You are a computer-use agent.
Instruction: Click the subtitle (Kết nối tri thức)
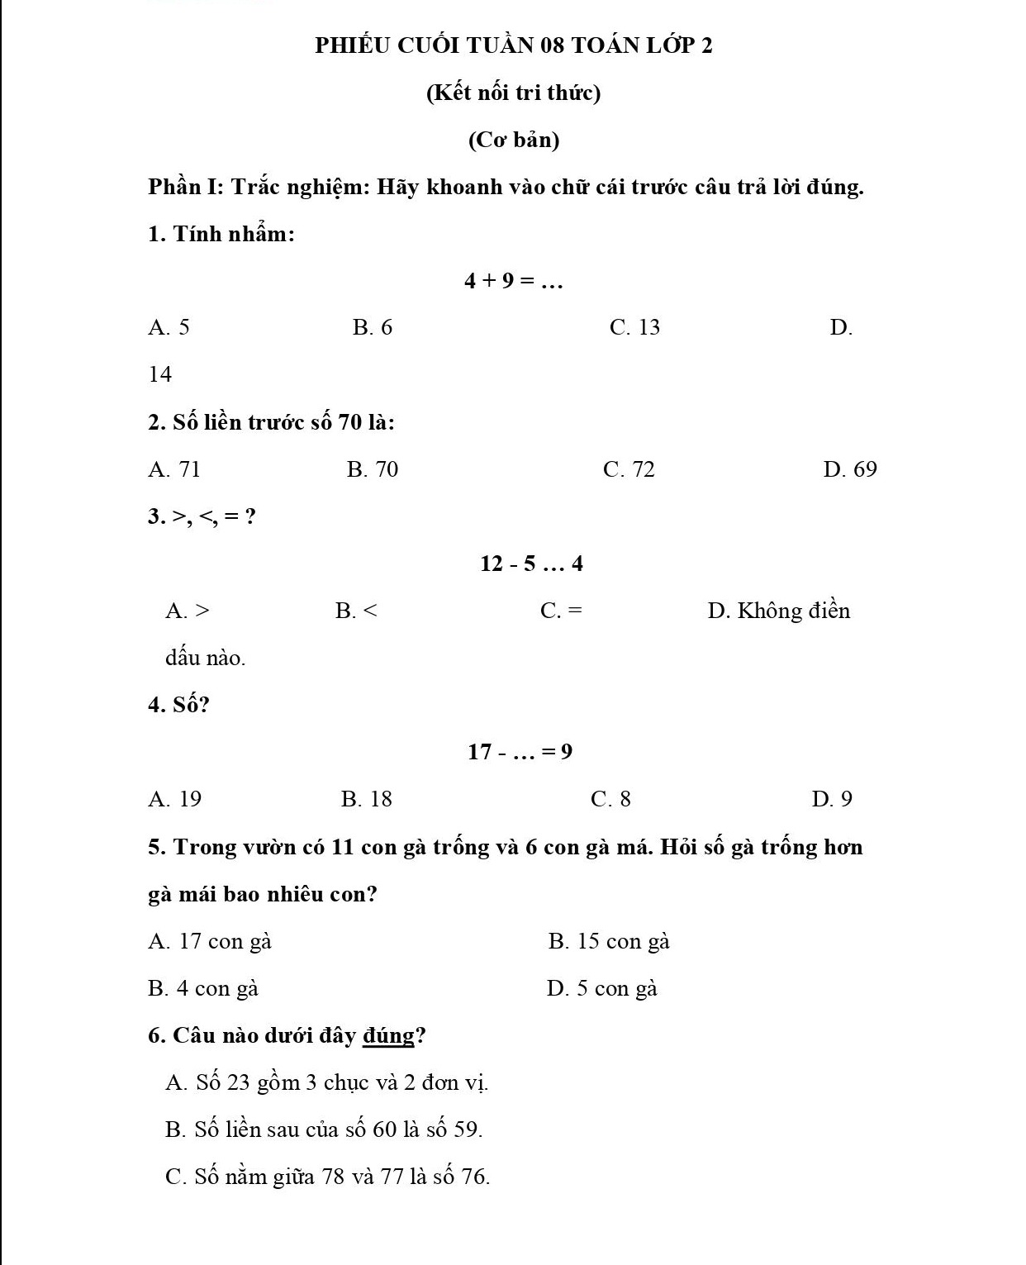point(513,93)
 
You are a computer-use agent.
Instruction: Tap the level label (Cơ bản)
point(513,140)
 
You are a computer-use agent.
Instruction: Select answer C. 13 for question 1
point(634,328)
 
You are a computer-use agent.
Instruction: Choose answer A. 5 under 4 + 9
point(169,328)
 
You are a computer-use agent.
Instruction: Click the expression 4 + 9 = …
point(513,281)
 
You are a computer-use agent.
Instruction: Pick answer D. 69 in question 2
point(850,469)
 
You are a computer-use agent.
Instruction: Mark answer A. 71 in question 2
point(174,469)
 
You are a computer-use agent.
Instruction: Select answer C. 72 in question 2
point(629,469)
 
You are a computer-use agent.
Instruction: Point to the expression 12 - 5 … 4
point(531,564)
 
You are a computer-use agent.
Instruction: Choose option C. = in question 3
point(561,611)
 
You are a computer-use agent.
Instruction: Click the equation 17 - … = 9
point(520,752)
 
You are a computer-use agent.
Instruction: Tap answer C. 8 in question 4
point(610,799)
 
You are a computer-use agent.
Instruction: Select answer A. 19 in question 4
point(174,799)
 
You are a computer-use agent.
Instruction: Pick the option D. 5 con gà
point(601,988)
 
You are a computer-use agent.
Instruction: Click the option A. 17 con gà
point(210,941)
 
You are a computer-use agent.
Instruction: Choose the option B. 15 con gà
point(609,941)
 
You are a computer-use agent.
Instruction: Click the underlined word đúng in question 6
point(388,1036)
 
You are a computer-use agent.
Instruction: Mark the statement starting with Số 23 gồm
point(327,1082)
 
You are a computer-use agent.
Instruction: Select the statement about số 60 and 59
point(324,1129)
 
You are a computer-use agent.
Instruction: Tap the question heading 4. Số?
point(178,705)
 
